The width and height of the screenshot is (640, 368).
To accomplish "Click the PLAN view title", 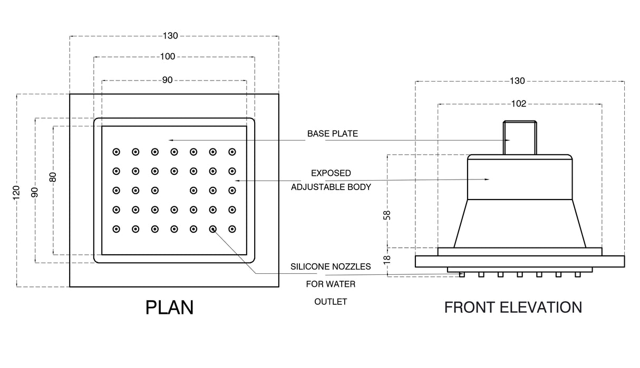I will [x=169, y=307].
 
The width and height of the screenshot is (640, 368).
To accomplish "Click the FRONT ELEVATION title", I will [x=513, y=307].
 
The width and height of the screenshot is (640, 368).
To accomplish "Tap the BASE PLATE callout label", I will [x=332, y=134].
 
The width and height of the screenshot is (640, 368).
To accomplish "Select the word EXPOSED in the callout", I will [x=331, y=173].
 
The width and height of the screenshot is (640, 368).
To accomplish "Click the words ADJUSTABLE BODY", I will [x=331, y=187].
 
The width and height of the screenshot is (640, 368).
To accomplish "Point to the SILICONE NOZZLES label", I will [x=331, y=267].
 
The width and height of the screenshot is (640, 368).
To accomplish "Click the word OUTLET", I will [x=331, y=302].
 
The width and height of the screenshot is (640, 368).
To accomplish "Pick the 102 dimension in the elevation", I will [x=519, y=104].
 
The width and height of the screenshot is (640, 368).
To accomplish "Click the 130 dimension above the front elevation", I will [x=518, y=81].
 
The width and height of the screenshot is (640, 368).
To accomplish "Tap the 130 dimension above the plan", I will [x=171, y=36].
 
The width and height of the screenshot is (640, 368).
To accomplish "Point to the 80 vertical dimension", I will [x=53, y=177].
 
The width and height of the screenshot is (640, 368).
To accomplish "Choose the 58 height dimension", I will [x=387, y=214].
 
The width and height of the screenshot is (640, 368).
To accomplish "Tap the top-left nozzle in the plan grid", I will [x=116, y=152].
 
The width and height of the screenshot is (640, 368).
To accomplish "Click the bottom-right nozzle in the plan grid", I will [x=232, y=229].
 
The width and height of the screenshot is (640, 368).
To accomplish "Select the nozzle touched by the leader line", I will [x=213, y=229].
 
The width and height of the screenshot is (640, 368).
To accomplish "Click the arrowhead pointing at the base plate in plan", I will [x=170, y=140].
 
